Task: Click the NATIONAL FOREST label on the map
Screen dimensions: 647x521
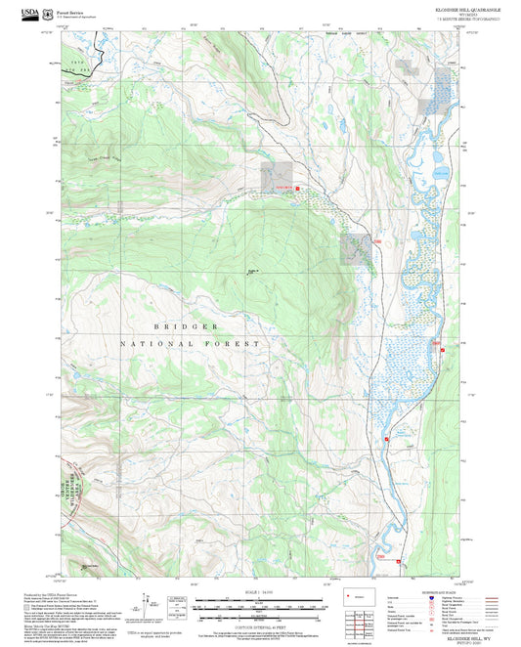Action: pyautogui.click(x=191, y=344)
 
